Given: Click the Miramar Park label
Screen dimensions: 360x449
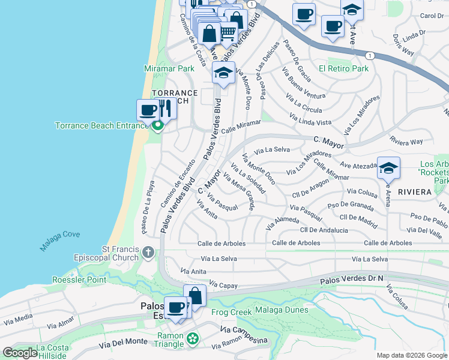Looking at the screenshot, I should coord(169,68).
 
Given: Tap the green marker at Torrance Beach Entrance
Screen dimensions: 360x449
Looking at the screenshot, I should coord(158,126).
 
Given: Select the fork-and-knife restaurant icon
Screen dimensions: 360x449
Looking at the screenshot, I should coord(166,109).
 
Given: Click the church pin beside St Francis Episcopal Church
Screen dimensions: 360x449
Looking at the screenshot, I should coord(148,252).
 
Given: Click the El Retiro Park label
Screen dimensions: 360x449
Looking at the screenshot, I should coord(343,68).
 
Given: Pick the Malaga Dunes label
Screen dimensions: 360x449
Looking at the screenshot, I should coord(281,310).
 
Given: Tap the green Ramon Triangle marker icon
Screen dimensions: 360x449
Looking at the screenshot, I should coord(193,340).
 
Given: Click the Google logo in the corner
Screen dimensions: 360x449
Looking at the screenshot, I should coord(20,353).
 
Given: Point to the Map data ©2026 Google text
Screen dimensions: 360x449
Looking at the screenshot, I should coord(411,355).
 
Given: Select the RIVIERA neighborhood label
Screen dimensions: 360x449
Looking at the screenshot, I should coord(414,192).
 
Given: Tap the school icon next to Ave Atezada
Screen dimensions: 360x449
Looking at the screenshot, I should coord(388,168).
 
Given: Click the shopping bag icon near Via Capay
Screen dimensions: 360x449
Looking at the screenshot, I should coord(195,295).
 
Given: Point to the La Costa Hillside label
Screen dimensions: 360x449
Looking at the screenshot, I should coord(51,352).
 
